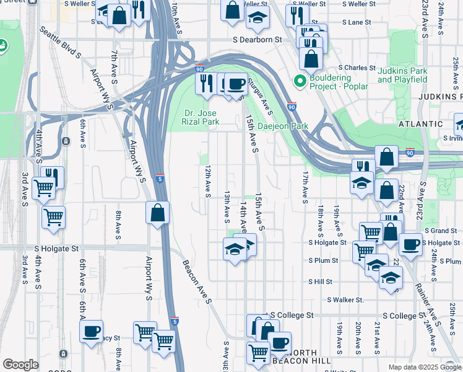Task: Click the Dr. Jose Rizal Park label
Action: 202,117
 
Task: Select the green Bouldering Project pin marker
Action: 300,81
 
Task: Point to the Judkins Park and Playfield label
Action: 402,75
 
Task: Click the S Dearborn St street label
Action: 257,39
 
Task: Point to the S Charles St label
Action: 356,68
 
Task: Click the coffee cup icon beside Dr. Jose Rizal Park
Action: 235,82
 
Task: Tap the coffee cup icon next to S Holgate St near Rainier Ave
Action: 410,244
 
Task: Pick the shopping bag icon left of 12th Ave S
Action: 158,212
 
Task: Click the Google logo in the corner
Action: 20,365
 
